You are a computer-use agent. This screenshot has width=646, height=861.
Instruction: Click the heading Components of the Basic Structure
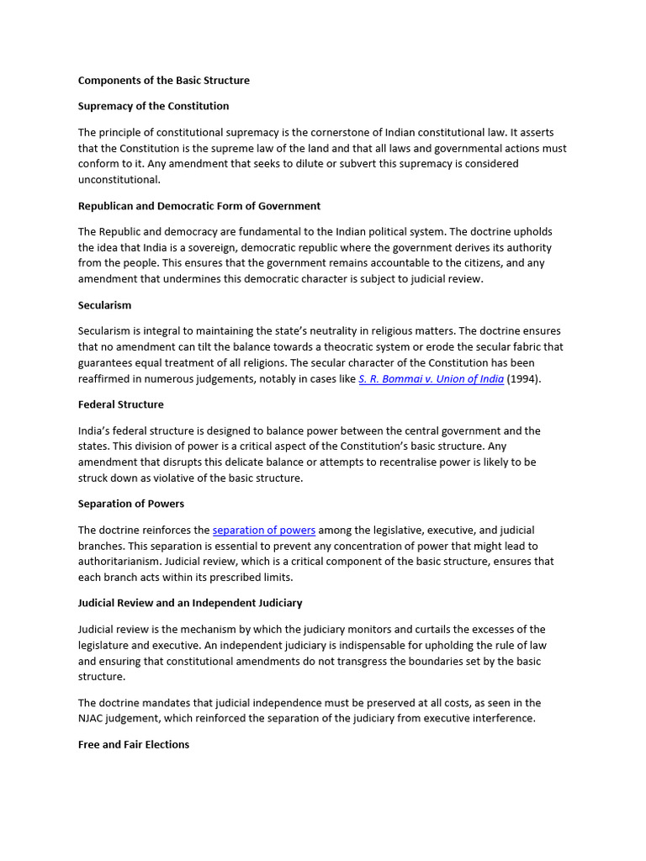163,81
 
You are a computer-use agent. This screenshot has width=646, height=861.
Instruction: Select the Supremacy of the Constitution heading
153,106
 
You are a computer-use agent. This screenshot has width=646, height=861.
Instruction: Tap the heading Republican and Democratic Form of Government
199,206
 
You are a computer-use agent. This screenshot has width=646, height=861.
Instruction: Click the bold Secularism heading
104,305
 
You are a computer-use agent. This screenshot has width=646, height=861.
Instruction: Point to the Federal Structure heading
120,404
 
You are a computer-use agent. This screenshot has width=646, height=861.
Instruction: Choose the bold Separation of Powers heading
130,504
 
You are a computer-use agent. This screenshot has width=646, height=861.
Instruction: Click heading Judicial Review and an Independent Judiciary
190,603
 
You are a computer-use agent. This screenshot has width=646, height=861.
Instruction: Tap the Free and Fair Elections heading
134,744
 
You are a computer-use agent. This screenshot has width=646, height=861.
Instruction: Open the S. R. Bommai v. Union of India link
431,379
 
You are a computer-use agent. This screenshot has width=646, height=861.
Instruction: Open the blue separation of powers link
264,531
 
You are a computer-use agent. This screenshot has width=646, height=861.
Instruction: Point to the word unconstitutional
118,180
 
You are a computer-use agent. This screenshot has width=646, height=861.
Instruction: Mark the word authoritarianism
117,562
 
